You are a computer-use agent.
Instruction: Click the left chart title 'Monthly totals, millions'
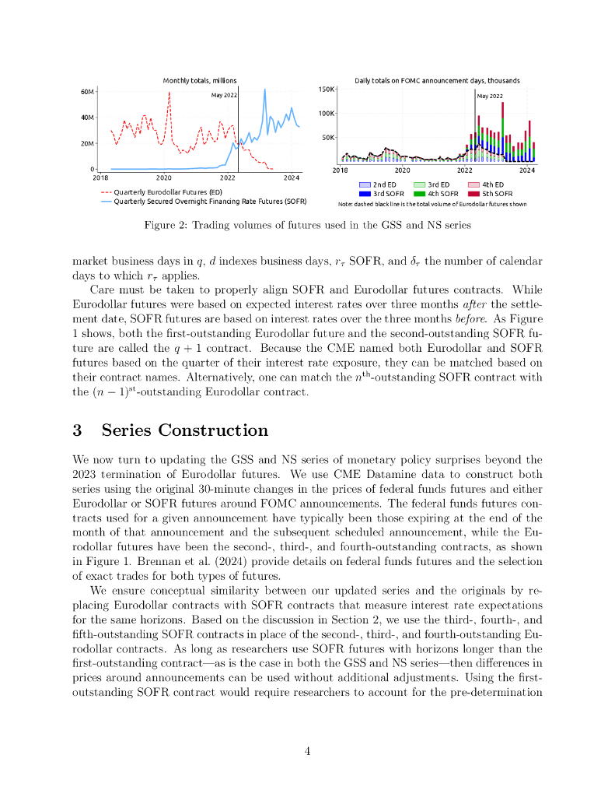[200, 81]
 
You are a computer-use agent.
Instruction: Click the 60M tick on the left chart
[87, 92]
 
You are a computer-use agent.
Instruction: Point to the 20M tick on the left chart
[87, 143]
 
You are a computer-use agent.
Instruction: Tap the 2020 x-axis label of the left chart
[164, 177]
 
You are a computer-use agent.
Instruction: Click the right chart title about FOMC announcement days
[437, 81]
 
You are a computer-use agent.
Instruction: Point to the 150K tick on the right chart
[327, 89]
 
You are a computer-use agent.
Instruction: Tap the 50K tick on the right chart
[328, 137]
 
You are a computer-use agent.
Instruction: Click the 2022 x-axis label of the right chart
[465, 170]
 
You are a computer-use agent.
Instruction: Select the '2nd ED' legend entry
[381, 184]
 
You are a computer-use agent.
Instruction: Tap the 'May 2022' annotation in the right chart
[489, 97]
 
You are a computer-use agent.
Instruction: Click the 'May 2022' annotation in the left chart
[224, 96]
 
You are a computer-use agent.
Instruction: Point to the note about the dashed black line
[432, 204]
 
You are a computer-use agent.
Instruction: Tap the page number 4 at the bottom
[307, 751]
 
